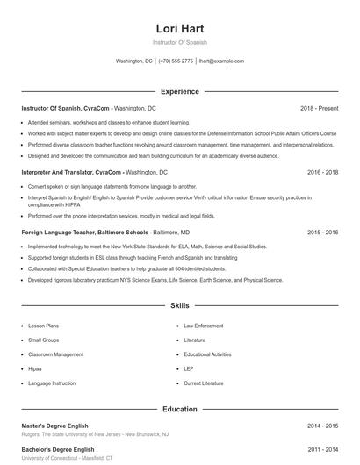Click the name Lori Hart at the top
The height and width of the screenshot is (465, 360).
click(x=179, y=27)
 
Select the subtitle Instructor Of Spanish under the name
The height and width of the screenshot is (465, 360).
click(x=179, y=42)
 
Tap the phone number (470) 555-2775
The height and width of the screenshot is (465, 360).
click(x=176, y=61)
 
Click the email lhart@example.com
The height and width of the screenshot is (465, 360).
click(x=221, y=61)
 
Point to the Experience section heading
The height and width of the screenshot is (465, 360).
click(x=179, y=91)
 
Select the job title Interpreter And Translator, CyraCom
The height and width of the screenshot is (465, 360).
click(x=71, y=173)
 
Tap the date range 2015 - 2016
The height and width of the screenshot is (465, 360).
click(x=322, y=232)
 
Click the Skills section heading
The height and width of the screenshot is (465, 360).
click(x=179, y=306)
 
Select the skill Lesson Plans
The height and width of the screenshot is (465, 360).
click(x=43, y=325)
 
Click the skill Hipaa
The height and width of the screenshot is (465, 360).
click(x=36, y=368)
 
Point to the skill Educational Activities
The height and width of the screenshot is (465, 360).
click(x=207, y=354)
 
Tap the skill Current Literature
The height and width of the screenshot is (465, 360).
click(x=204, y=383)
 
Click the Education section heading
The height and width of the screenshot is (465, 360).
click(x=179, y=409)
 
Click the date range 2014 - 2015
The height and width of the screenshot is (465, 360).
click(x=322, y=426)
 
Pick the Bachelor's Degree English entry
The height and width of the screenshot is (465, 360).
click(x=58, y=449)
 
